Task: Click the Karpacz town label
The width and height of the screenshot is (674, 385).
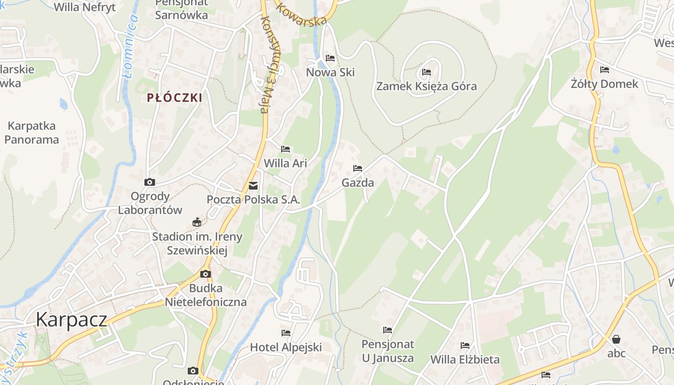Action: [x=71, y=320]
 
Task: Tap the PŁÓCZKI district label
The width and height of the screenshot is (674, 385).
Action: [x=174, y=98]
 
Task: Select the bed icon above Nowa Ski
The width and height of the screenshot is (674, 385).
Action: [x=330, y=58]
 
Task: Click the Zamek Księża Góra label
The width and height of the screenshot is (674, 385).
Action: [x=427, y=87]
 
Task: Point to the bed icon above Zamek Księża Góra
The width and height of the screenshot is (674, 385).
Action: [x=427, y=73]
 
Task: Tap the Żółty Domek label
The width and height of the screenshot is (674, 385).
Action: [x=604, y=84]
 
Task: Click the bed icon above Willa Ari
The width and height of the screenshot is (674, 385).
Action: [x=285, y=149]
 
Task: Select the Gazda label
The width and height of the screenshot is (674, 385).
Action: [x=358, y=183]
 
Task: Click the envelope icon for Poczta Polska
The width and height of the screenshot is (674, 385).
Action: [x=253, y=186]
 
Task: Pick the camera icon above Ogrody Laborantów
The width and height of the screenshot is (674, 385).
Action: [x=150, y=182]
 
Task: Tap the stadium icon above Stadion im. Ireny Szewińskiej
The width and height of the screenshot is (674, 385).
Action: [x=196, y=222]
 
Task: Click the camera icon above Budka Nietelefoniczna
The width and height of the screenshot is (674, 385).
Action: [x=206, y=274]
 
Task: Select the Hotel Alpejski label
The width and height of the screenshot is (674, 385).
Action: [x=286, y=347]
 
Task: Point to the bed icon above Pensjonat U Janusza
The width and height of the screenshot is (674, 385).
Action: [x=388, y=330]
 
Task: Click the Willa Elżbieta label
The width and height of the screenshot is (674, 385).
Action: [x=465, y=359]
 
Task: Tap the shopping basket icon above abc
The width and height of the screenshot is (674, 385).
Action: [x=616, y=339]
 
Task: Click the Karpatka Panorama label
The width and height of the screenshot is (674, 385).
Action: [x=32, y=133]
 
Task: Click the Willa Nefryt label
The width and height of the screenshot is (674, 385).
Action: [x=85, y=7]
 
